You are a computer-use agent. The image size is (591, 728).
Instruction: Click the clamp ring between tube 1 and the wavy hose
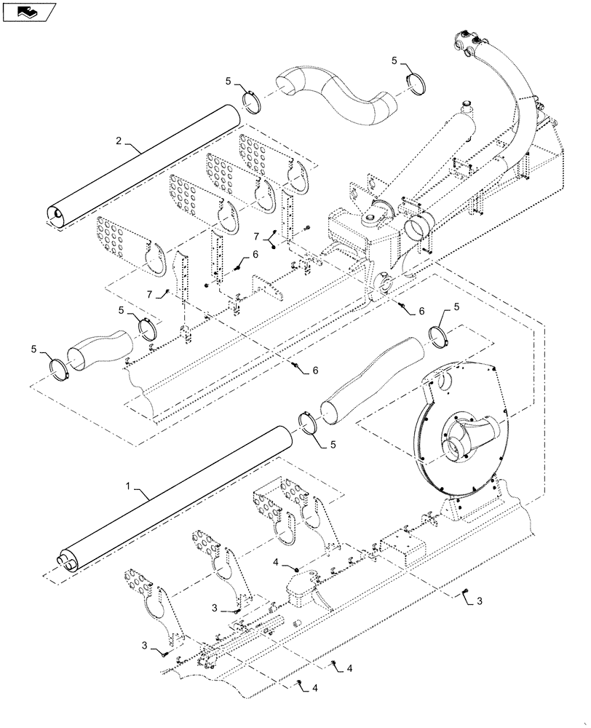[x=311, y=424]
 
